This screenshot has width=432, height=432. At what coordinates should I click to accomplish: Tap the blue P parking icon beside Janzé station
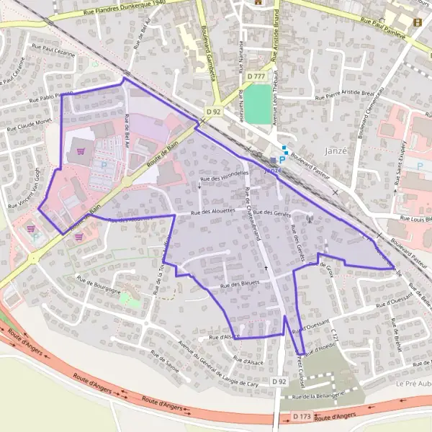pyautogui.click(x=282, y=159)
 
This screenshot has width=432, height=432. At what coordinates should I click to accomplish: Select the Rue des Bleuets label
pyautogui.click(x=240, y=286)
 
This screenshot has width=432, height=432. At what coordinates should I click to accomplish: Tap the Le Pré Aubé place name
pyautogui.click(x=413, y=384)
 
